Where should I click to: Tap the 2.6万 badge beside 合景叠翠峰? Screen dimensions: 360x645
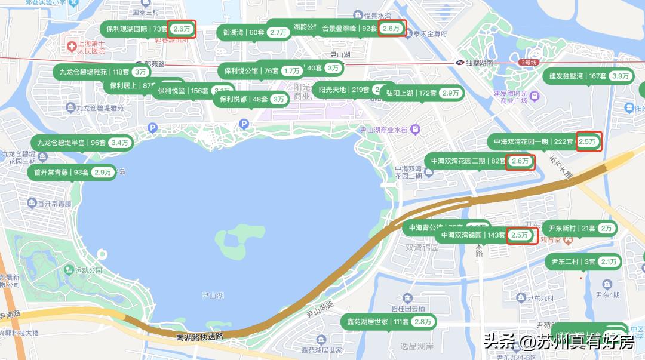pyautogui.click(x=392, y=28)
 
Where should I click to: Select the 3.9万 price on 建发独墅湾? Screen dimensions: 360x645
pyautogui.click(x=621, y=76)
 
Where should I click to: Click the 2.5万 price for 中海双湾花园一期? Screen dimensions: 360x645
pyautogui.click(x=588, y=141)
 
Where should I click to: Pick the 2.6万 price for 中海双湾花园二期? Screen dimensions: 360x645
pyautogui.click(x=520, y=161)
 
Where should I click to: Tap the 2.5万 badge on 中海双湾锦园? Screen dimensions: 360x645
pyautogui.click(x=520, y=235)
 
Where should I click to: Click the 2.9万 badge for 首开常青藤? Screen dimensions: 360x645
pyautogui.click(x=103, y=172)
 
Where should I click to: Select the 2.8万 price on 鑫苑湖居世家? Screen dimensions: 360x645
pyautogui.click(x=423, y=322)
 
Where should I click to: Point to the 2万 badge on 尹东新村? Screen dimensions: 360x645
pyautogui.click(x=607, y=228)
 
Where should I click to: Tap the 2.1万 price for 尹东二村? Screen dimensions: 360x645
pyautogui.click(x=609, y=261)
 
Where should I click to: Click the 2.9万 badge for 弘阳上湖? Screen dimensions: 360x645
pyautogui.click(x=451, y=93)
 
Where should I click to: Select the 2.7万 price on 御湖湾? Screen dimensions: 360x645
pyautogui.click(x=278, y=32)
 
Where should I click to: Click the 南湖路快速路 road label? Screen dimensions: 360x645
pyautogui.click(x=199, y=337)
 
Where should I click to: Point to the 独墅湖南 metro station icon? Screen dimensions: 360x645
pyautogui.click(x=460, y=63)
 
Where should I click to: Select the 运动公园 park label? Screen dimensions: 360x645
pyautogui.click(x=88, y=270)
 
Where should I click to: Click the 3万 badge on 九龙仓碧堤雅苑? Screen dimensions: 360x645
pyautogui.click(x=140, y=72)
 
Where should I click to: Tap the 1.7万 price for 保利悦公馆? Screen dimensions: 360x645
pyautogui.click(x=292, y=71)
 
